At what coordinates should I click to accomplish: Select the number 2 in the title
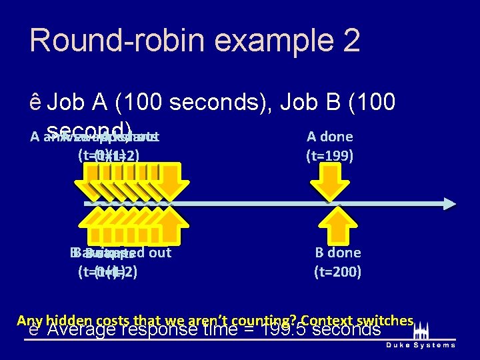pos(350,40)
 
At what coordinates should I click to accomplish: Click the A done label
pos(329,137)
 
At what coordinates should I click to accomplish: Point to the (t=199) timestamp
pos(329,157)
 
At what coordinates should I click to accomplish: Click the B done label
pos(338,253)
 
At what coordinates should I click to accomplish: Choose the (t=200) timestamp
pos(338,272)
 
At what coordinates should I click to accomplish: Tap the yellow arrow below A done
pos(331,183)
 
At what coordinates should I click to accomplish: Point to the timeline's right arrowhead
pos(449,203)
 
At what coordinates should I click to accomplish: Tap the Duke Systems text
pos(421,345)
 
